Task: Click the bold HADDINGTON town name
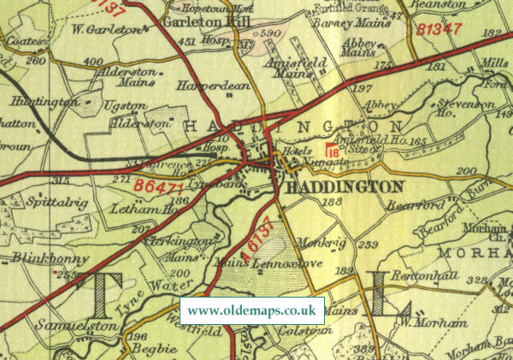point(345,186)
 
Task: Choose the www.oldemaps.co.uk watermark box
point(252,310)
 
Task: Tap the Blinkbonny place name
point(33,257)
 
